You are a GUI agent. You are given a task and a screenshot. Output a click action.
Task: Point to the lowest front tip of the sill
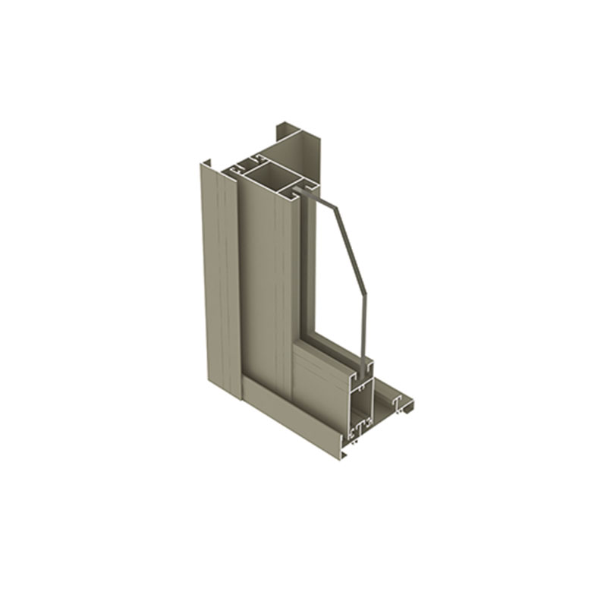tap(343, 454)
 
